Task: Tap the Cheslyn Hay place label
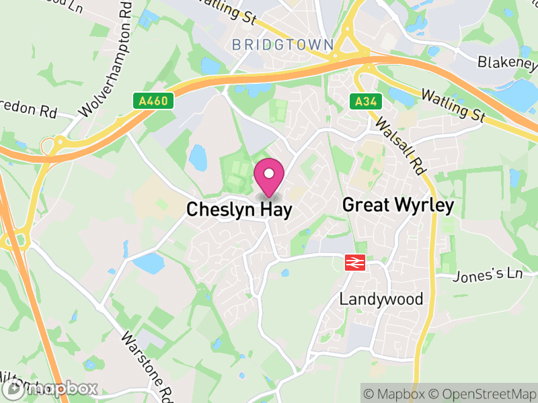pyautogui.click(x=239, y=210)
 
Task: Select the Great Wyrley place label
pyautogui.click(x=398, y=205)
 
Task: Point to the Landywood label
pyautogui.click(x=381, y=299)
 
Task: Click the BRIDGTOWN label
pyautogui.click(x=282, y=45)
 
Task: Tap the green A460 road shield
pyautogui.click(x=153, y=101)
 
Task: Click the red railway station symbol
pyautogui.click(x=354, y=263)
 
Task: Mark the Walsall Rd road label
pyautogui.click(x=401, y=145)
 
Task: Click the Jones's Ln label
pyautogui.click(x=488, y=275)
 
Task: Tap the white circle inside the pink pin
pyautogui.click(x=269, y=173)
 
